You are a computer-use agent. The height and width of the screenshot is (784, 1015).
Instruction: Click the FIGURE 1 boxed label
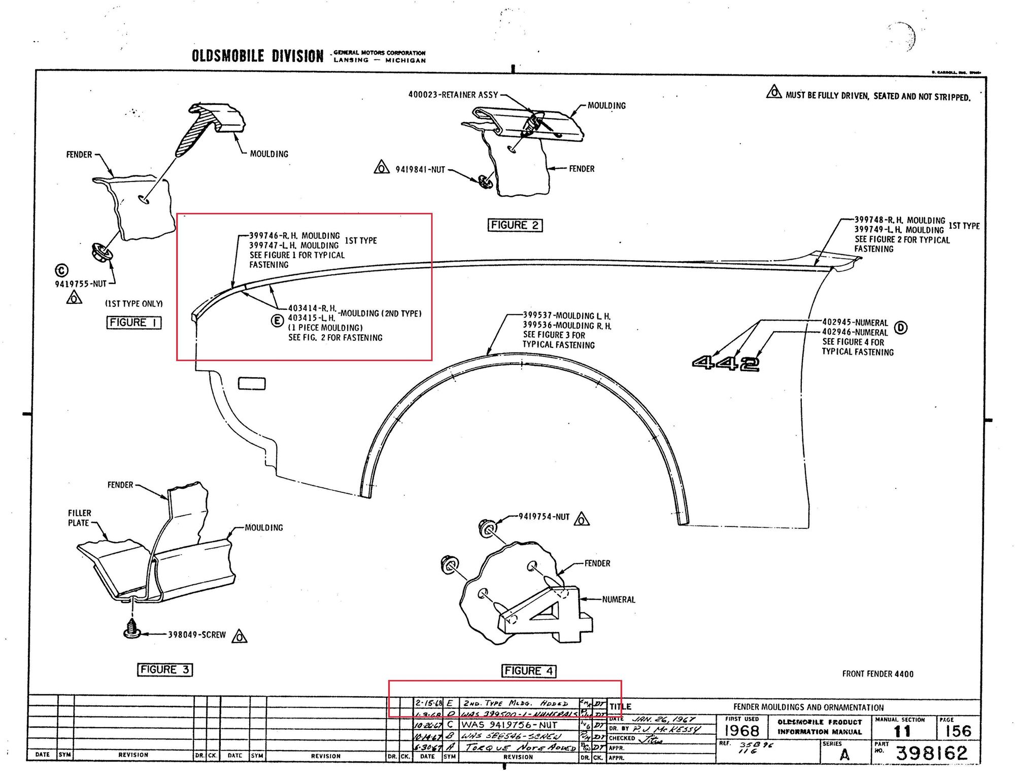point(134,323)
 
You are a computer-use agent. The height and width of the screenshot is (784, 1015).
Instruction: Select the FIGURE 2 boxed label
point(515,225)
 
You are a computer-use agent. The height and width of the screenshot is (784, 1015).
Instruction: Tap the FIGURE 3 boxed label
point(165,669)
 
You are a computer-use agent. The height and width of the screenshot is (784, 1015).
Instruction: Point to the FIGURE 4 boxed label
point(529,670)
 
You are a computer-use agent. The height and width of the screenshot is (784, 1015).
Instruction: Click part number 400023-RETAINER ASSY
point(453,95)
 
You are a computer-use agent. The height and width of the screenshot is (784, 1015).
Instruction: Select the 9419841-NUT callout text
point(420,169)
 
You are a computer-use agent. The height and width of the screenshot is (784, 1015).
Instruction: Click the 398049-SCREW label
point(197,634)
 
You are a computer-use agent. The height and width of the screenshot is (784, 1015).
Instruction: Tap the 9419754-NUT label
point(544,517)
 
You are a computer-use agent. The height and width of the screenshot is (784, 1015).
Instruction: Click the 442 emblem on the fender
point(726,363)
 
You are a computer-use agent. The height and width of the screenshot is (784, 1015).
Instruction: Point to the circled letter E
point(277,320)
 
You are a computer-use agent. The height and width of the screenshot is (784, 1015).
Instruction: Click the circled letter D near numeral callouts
point(901,328)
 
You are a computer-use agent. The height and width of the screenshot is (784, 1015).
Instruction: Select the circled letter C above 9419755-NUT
point(62,271)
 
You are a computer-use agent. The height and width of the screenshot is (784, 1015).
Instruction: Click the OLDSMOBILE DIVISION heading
point(257,56)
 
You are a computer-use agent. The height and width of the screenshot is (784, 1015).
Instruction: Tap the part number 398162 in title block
point(932,753)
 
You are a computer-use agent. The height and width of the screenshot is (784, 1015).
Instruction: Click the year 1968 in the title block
point(741,731)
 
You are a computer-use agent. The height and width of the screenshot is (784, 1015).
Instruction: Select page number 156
point(958,731)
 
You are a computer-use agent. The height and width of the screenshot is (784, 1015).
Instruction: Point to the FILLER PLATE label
point(79,518)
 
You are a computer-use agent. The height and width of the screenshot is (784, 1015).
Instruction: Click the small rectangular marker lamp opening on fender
point(252,383)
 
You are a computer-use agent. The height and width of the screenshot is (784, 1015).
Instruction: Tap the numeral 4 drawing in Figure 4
point(546,614)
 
